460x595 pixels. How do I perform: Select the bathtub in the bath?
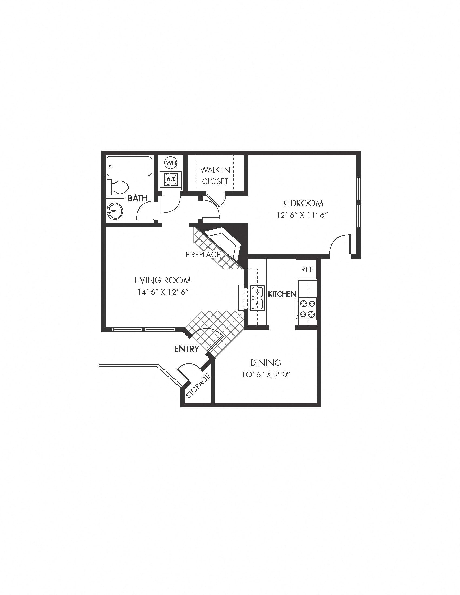pyautogui.click(x=129, y=166)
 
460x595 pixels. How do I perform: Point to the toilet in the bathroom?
pyautogui.click(x=118, y=187)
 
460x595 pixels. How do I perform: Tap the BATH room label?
pyautogui.click(x=138, y=198)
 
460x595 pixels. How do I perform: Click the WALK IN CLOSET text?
pyautogui.click(x=215, y=176)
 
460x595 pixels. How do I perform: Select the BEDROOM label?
pyautogui.click(x=302, y=203)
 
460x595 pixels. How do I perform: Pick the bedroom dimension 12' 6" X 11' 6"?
pyautogui.click(x=302, y=215)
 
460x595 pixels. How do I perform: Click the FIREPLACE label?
pyautogui.click(x=203, y=255)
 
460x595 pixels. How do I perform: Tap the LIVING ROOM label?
pyautogui.click(x=163, y=280)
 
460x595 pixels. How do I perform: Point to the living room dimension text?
pyautogui.click(x=163, y=292)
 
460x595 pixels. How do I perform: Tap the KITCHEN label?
pyautogui.click(x=282, y=294)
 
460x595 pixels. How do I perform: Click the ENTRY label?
pyautogui.click(x=187, y=349)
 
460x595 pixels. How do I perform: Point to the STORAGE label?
pyautogui.click(x=198, y=386)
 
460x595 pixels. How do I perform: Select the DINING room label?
pyautogui.click(x=265, y=363)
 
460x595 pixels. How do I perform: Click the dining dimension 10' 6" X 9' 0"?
pyautogui.click(x=265, y=375)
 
